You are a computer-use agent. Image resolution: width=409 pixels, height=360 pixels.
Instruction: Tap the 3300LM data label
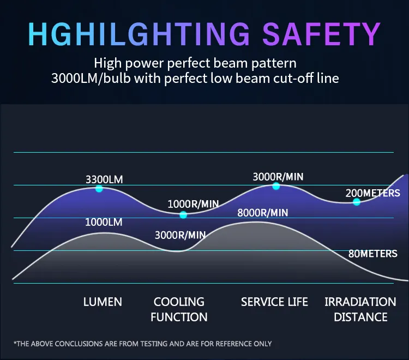coord(104,179)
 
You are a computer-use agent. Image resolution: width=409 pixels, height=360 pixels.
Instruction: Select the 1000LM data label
coord(104,223)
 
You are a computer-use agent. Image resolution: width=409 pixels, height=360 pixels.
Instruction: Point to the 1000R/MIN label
coord(193,204)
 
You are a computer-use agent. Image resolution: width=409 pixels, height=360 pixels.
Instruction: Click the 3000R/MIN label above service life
coord(278,177)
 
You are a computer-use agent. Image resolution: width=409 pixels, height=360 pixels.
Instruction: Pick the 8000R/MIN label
coord(263,213)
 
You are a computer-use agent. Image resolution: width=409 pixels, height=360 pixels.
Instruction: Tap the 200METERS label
coord(373,193)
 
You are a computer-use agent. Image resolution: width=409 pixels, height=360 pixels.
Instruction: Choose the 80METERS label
coord(373,254)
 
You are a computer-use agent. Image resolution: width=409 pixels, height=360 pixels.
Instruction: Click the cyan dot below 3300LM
coord(99,189)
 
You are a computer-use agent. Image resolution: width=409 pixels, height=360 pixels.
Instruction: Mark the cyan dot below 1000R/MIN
coord(183,215)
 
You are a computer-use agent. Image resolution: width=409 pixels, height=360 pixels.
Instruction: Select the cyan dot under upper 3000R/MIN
coord(276,186)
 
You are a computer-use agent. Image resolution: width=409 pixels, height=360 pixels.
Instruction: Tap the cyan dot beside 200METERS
coord(357,202)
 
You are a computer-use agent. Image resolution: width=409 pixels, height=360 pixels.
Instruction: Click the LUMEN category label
coord(103,302)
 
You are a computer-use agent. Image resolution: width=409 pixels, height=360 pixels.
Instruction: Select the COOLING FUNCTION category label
coord(179,309)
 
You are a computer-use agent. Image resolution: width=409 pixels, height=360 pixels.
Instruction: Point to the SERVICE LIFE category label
coord(274,302)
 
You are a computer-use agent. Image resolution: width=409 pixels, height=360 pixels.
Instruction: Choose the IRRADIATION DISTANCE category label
coord(360,309)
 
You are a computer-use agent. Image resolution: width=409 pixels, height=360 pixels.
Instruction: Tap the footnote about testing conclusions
coord(142,344)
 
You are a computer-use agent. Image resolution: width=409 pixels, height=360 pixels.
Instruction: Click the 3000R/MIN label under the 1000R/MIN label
coord(180,236)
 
